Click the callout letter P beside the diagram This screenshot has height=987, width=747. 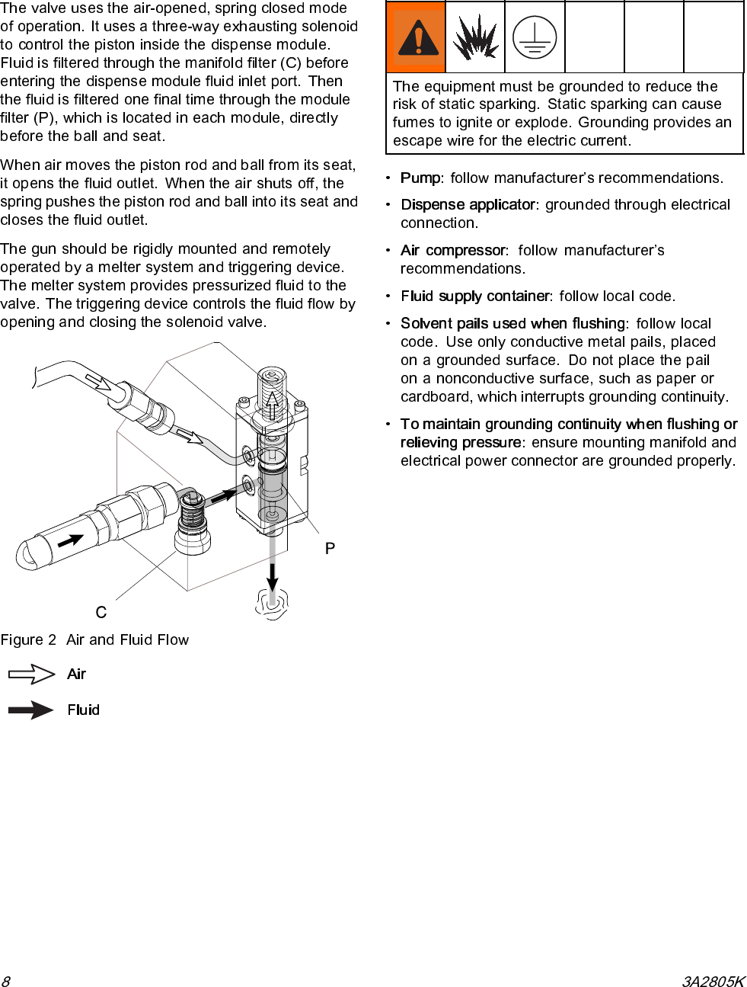(x=330, y=549)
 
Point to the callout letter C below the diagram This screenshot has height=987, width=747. (x=101, y=613)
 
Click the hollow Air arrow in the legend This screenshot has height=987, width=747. (x=31, y=675)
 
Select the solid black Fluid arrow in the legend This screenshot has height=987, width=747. (x=31, y=710)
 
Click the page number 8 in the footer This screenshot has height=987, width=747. (x=5, y=981)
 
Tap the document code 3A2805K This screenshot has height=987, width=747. (x=713, y=981)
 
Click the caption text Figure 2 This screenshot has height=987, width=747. (x=28, y=640)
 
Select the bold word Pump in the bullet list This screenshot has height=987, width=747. (x=420, y=178)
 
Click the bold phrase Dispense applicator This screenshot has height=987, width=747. (x=468, y=205)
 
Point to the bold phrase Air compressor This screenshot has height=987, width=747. (x=453, y=251)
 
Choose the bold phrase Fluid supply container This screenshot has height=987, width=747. (x=475, y=296)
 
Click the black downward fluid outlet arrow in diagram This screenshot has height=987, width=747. (x=273, y=575)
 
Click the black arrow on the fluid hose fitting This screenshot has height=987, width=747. (x=71, y=540)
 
